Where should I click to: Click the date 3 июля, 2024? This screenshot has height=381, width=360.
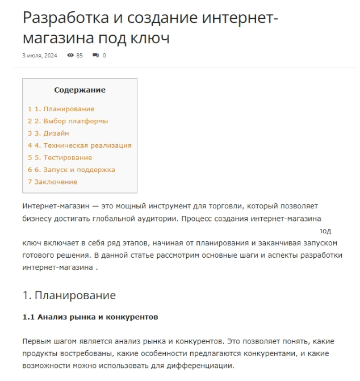point(40,56)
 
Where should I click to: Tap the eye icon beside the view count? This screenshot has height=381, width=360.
point(70,56)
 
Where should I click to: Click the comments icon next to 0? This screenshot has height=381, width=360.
point(96,56)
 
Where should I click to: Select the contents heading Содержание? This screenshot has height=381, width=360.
point(79,90)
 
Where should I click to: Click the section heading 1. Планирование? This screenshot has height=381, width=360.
point(69,295)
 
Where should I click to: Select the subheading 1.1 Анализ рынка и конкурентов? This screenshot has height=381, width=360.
point(90,317)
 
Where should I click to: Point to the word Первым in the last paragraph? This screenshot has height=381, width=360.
point(36,341)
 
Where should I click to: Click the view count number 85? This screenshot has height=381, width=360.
point(79,56)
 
